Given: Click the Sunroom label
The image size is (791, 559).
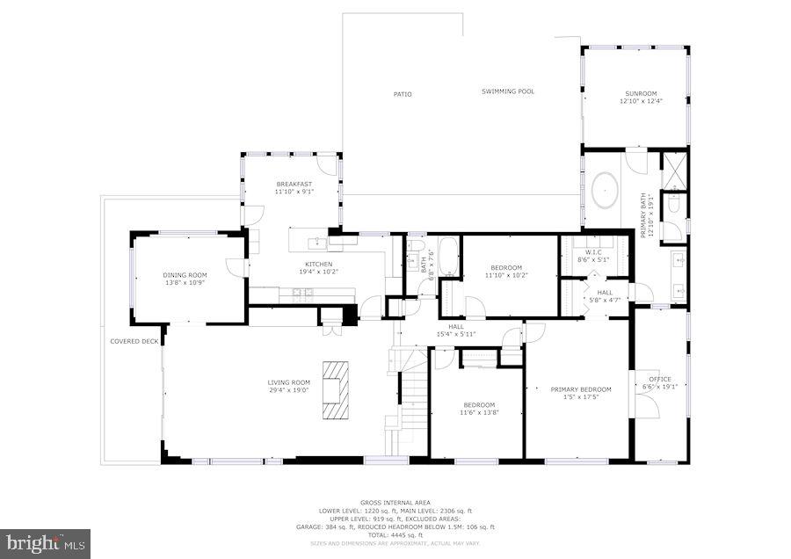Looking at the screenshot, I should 641,94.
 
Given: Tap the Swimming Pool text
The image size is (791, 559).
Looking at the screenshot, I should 507,91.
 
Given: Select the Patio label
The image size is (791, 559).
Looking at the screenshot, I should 402,94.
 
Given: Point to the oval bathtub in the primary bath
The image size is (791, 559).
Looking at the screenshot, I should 606,188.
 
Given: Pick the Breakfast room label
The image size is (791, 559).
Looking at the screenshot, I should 294,184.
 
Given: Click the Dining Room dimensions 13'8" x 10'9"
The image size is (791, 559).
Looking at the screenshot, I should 184,283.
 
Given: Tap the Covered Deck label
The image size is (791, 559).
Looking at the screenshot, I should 134,341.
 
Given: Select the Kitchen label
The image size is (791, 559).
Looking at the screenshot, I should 317,264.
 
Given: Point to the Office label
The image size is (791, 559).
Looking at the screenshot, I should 659,380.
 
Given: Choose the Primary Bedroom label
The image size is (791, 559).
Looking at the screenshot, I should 580,389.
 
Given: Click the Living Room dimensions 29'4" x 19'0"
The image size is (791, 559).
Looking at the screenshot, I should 289,389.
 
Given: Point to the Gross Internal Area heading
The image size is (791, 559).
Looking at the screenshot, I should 395,503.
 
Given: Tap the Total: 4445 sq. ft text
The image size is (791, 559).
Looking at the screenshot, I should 395,535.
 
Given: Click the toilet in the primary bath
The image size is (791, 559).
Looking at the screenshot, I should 674,205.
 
